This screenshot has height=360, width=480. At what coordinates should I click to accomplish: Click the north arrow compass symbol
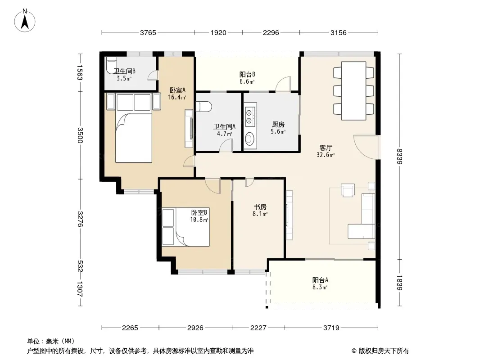[x=25, y=21]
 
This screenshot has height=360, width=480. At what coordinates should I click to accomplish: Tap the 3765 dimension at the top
[x=148, y=33]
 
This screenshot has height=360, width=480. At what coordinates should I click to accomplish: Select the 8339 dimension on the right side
[x=399, y=156]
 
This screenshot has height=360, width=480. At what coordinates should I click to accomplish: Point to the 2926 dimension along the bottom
[x=195, y=328]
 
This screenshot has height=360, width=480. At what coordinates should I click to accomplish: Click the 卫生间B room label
[x=125, y=71]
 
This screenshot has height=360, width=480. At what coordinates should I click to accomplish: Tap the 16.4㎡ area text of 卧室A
[x=177, y=97]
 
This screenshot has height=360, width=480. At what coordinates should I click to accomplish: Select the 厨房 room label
[x=278, y=125]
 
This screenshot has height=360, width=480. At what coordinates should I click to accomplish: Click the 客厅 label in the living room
[x=326, y=148]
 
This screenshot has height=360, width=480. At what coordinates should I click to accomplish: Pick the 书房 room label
[x=260, y=207]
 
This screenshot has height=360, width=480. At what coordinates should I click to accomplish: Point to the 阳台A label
[x=320, y=280]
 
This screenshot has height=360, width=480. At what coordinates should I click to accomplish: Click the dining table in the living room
[x=353, y=91]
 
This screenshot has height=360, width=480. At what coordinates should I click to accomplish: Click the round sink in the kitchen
[x=250, y=139]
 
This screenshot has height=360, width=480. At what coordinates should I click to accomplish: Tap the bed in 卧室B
[x=186, y=227]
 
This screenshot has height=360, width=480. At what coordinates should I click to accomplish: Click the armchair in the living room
[x=348, y=190]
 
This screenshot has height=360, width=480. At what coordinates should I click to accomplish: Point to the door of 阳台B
[x=283, y=84]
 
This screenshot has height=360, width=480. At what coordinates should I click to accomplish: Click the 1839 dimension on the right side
[x=399, y=283]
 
